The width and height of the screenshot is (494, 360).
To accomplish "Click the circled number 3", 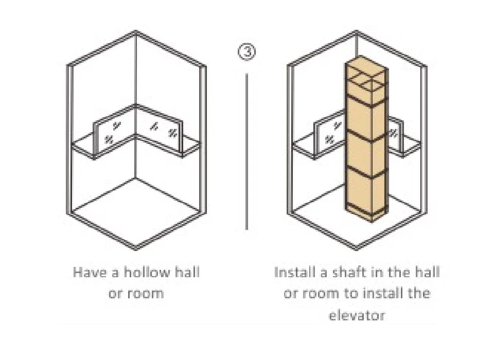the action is (246, 51).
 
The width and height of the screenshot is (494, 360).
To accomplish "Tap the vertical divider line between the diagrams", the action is (246, 152).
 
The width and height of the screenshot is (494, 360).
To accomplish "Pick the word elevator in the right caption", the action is (357, 315).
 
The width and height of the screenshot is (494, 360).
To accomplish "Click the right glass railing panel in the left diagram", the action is (159, 131).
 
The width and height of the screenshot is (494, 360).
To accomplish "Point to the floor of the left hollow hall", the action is (136, 211).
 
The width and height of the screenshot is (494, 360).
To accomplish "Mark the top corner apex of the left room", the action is (136, 31).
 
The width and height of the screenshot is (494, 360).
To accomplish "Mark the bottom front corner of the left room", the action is (136, 247).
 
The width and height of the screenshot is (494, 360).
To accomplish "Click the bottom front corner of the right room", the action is (357, 247).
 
